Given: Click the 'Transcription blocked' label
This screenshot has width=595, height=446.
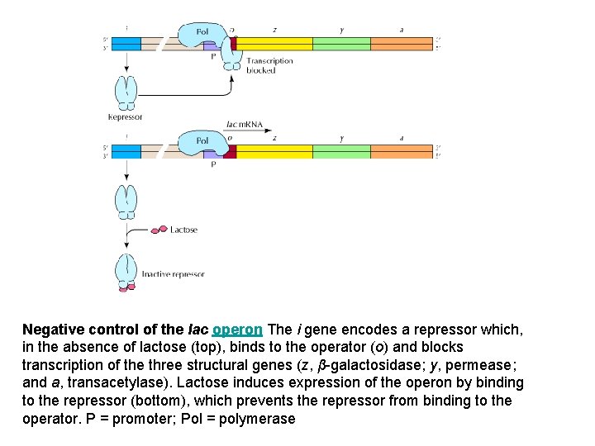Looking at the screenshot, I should point(269,65).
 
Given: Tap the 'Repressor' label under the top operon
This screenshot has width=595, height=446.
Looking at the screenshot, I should point(126,116).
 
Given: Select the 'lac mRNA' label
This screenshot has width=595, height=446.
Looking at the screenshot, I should point(244,126).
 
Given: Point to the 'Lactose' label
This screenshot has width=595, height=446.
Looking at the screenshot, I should point(183,230).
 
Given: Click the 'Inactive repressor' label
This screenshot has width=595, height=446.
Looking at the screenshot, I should point(173,274).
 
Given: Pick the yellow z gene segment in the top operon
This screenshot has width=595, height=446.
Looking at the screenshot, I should point(274,42).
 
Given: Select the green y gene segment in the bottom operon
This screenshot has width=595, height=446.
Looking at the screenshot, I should point(341,151).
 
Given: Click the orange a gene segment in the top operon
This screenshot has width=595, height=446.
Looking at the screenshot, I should point(402,42).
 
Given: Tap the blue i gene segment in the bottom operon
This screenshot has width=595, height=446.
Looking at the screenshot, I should point(126,151).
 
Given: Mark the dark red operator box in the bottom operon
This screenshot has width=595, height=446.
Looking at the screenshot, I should point(230,151).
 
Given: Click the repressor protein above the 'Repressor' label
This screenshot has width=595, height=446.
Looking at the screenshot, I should point(126,92).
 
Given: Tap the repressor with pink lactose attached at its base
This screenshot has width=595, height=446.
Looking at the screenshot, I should point(126,273).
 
